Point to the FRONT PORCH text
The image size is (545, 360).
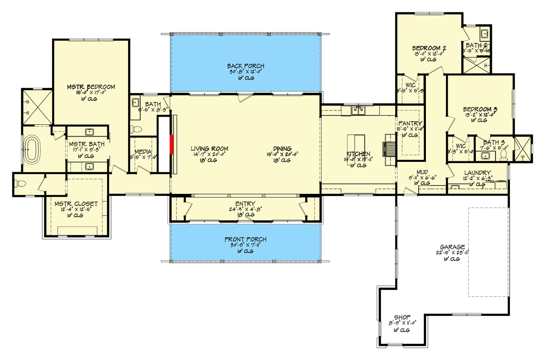246,240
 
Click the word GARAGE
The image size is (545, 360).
451,247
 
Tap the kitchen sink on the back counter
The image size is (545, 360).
357,111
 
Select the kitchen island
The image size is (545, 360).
356,148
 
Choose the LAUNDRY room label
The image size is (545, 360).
478,173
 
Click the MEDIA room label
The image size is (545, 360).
143,152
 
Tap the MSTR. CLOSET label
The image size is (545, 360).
75,204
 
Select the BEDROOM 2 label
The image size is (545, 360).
429,48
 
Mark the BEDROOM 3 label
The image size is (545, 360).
480,109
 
